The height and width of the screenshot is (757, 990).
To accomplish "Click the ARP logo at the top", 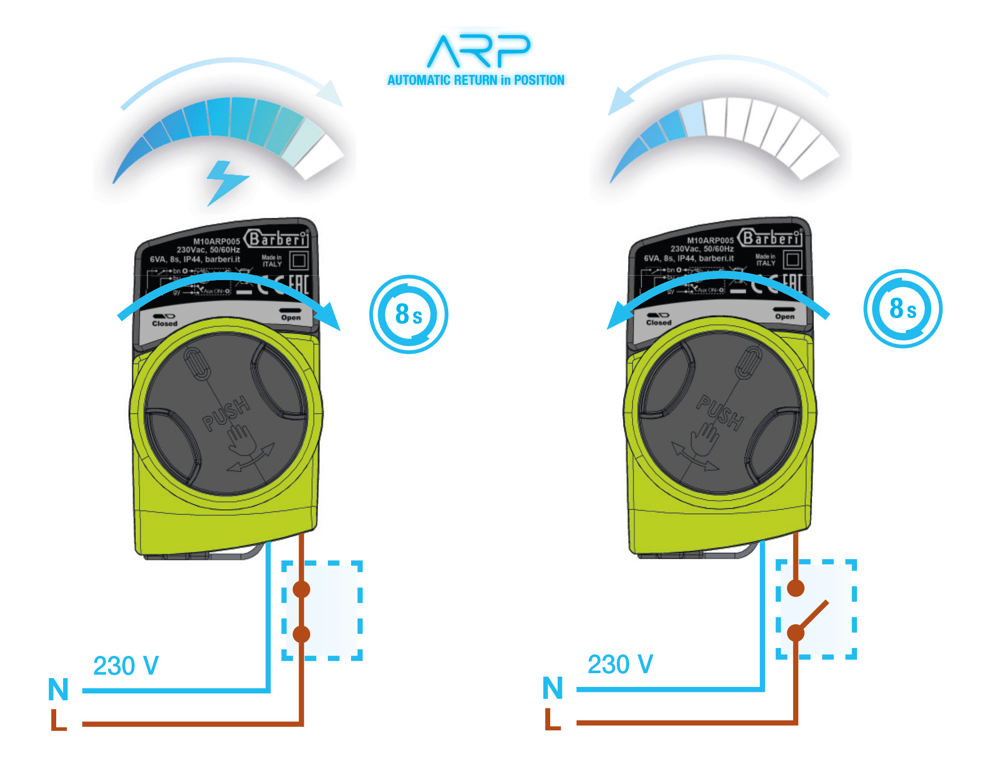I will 477,51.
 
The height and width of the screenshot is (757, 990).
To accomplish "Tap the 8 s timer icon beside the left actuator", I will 409,314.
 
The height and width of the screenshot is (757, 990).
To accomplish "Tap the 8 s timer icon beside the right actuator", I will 902,309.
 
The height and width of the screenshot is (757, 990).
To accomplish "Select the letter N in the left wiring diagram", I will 58,689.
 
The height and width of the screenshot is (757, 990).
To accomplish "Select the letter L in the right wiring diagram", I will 553,720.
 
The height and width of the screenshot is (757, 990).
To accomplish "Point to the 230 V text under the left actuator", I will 126,666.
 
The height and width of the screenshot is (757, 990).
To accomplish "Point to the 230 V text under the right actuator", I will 620,664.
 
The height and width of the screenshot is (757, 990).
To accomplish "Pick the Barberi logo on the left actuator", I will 278,239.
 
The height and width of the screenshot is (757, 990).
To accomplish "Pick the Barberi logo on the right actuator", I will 772,238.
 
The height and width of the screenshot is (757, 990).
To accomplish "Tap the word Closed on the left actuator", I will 165,324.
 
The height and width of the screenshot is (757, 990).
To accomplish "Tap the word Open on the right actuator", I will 784,317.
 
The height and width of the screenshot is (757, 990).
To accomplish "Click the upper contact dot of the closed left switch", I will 301,589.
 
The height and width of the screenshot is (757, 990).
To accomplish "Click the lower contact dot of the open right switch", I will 796,633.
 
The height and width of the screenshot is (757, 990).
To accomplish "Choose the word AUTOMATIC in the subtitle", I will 419,80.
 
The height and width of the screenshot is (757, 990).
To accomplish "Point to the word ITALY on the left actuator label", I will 272,264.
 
